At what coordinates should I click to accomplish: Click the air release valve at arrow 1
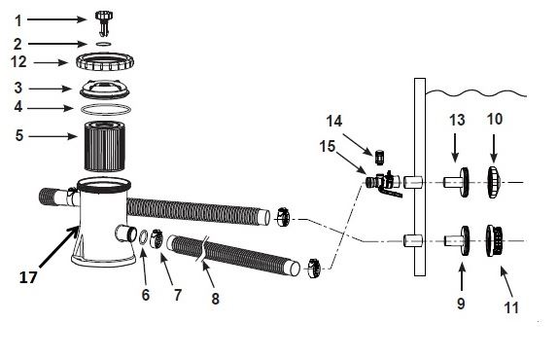104,22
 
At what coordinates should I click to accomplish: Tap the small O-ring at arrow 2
104,44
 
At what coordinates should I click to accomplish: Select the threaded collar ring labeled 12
105,62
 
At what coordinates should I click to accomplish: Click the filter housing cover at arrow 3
105,89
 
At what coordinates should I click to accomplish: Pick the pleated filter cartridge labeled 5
105,146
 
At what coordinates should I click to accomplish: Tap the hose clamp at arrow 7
156,238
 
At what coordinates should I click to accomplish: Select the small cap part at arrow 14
380,157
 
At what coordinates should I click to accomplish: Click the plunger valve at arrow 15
384,182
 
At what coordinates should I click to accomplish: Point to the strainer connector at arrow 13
457,182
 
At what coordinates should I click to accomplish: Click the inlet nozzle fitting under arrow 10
494,182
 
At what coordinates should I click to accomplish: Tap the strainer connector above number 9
457,240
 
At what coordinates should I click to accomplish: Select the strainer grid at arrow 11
494,240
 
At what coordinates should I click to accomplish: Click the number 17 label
28,277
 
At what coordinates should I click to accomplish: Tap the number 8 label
215,299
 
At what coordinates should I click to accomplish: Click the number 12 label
18,62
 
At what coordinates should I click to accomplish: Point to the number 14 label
334,121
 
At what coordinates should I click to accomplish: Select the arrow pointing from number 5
52,136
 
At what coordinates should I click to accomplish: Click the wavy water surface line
476,93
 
